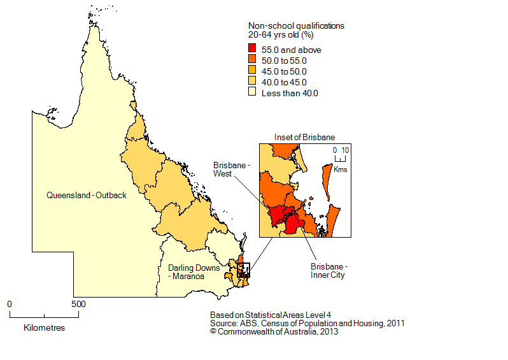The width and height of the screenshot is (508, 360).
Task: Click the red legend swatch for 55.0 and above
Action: tap(252, 50)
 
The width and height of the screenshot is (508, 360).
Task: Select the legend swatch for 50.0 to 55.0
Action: tap(252, 61)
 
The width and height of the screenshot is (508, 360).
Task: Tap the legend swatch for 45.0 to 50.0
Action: tap(252, 71)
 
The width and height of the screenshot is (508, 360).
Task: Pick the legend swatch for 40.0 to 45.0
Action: tap(252, 82)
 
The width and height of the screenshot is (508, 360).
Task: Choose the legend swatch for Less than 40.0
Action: tap(252, 93)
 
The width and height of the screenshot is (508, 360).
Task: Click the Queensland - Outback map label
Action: tap(87, 196)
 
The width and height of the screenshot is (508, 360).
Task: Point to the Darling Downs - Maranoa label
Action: tap(189, 272)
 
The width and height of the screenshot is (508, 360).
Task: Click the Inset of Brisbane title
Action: tap(304, 137)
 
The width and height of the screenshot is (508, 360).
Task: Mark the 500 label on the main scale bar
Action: tap(78, 304)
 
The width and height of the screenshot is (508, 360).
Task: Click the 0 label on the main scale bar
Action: tap(10, 304)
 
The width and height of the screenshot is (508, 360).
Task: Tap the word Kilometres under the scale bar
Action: tap(44, 328)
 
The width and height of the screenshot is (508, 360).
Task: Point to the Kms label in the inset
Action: tap(341, 169)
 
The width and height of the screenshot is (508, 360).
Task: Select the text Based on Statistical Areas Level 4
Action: tap(271, 315)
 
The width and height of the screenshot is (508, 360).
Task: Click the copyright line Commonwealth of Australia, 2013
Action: tap(274, 331)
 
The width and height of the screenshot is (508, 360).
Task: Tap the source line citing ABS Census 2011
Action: tap(307, 323)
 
